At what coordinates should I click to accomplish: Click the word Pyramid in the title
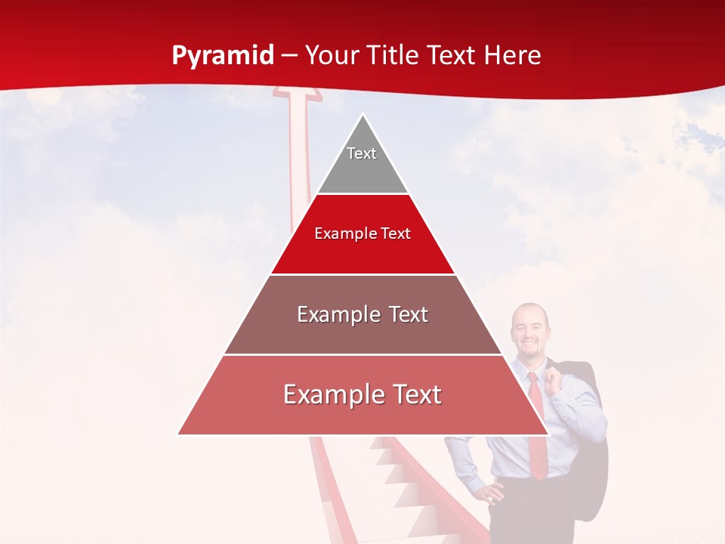pos(222,56)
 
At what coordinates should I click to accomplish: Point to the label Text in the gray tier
pos(362,153)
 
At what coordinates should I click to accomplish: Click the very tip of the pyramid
pos(363,116)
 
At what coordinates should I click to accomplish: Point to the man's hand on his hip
pos(492,496)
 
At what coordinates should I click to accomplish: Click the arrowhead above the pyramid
pos(298,94)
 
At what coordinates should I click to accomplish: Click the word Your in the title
pos(330,56)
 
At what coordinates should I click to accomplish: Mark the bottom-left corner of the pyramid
pos(179,434)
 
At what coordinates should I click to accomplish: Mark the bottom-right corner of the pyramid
pos(548,434)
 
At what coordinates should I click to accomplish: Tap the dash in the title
pos(288,56)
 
